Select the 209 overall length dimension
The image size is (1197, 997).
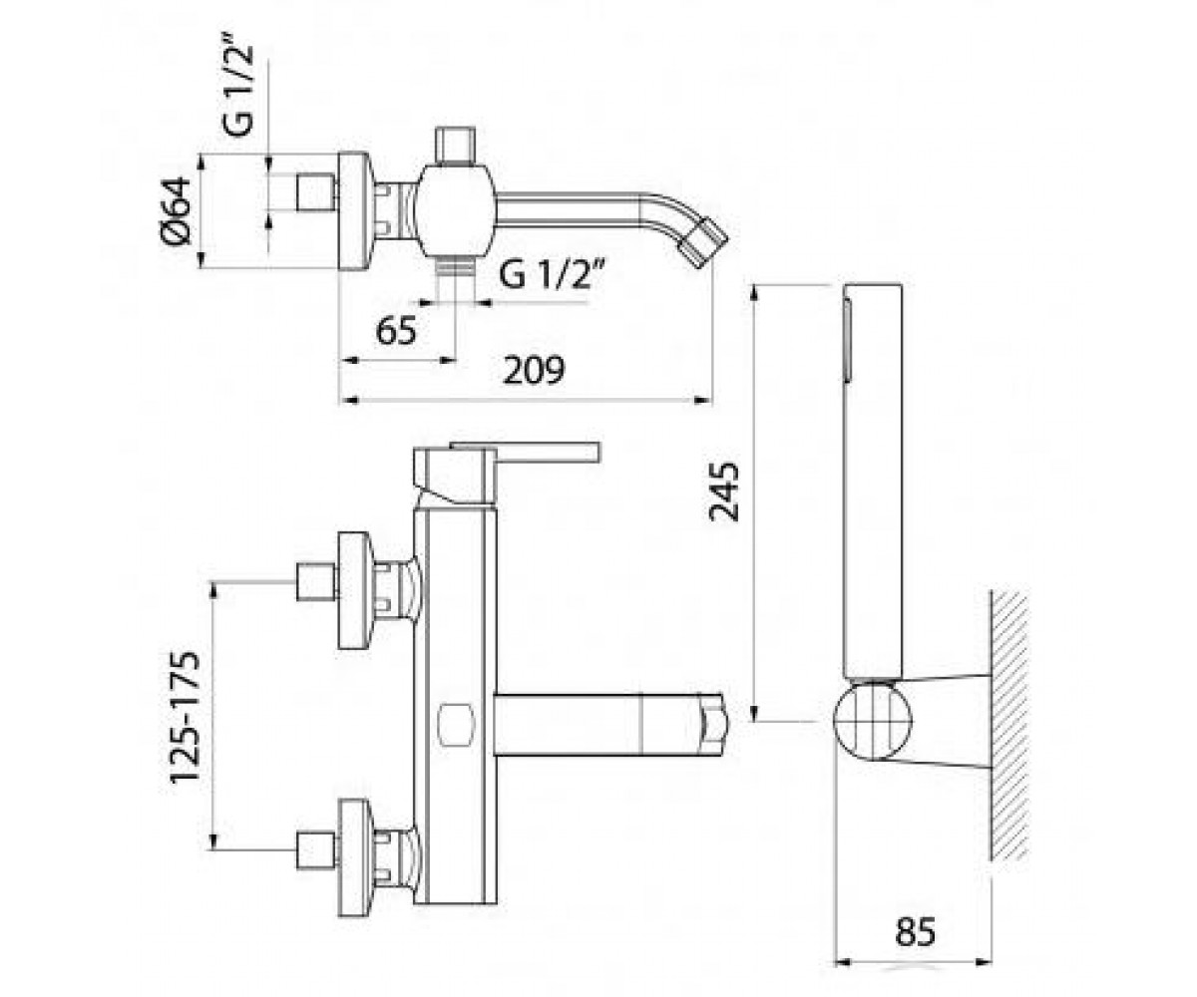pos(533,370)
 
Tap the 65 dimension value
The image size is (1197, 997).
pos(396,331)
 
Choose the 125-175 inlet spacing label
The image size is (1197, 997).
pos(186,716)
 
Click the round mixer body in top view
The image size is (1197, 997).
pos(455,211)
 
